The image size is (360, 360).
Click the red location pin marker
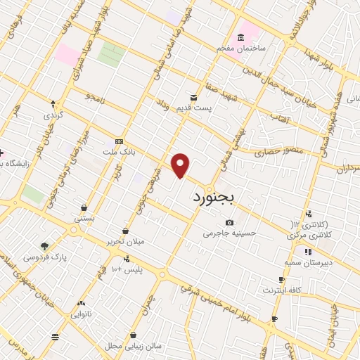point(181,165)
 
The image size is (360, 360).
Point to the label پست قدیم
point(193,107)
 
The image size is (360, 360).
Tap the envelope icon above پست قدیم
point(193,96)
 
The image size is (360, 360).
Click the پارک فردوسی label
point(44,257)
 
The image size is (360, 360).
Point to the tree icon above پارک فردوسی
point(45,246)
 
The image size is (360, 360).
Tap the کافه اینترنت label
point(282,290)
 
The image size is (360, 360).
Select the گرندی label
point(53,115)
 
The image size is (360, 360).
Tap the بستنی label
point(85,219)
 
